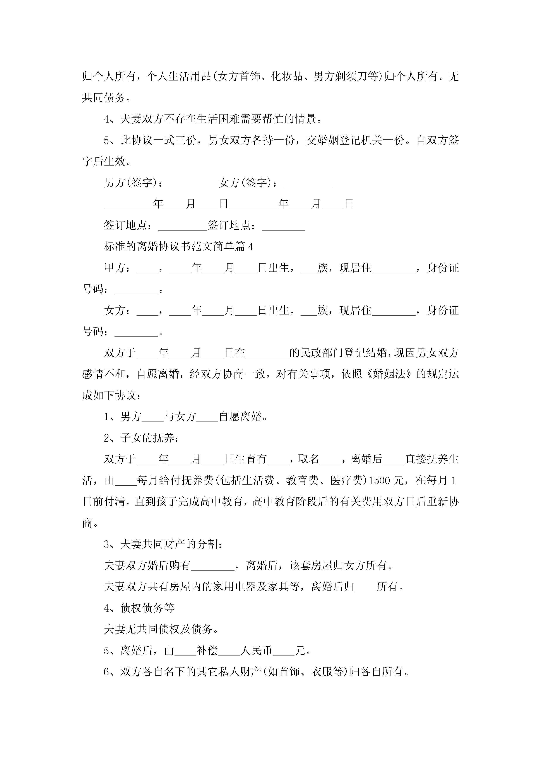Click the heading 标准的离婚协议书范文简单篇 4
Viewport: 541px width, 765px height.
(x=179, y=247)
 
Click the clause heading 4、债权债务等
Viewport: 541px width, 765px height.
(x=139, y=608)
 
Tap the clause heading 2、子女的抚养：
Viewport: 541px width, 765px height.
(x=141, y=438)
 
